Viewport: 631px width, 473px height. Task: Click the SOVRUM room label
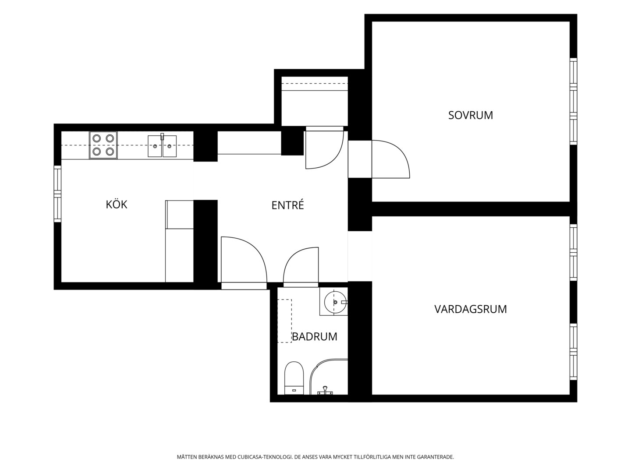tap(470, 115)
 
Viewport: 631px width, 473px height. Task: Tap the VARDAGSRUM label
tap(470, 309)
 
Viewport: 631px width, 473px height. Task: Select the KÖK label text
tap(117, 204)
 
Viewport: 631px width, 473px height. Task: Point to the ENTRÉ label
tap(287, 205)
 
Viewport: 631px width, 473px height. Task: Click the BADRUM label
tap(315, 336)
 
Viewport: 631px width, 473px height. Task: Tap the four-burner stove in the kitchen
tap(103, 145)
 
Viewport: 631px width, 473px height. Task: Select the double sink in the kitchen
tap(162, 145)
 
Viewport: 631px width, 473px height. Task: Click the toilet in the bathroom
tap(294, 378)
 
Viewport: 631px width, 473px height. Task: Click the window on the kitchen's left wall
tap(57, 194)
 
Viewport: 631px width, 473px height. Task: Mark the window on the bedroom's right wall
tap(573, 101)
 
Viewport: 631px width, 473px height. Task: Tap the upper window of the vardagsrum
tap(573, 252)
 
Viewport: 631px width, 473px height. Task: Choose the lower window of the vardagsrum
tap(573, 352)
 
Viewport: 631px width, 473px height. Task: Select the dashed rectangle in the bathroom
tap(284, 321)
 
